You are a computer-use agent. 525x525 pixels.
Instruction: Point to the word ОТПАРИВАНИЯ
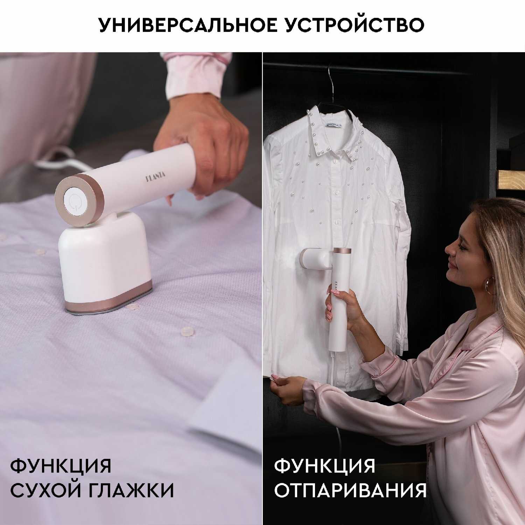point(350,490)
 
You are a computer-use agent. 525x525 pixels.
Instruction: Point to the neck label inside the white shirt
point(335,124)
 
